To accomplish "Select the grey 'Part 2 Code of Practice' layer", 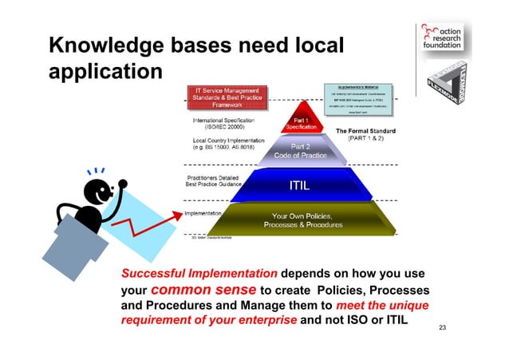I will click(300, 151).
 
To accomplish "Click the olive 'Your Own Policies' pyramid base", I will click(302, 221).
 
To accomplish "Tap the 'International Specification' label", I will click(229, 123).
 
